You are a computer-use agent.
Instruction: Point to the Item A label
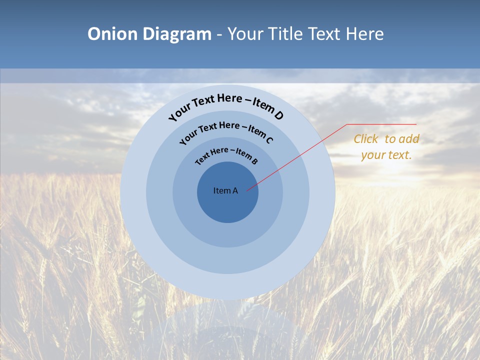tap(225, 190)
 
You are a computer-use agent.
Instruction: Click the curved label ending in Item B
tap(226, 155)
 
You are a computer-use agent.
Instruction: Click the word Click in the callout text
tap(366, 139)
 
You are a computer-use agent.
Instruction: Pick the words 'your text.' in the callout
tap(386, 155)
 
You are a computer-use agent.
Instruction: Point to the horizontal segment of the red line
tap(382, 124)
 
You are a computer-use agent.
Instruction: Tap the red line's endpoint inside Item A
tap(247, 190)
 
